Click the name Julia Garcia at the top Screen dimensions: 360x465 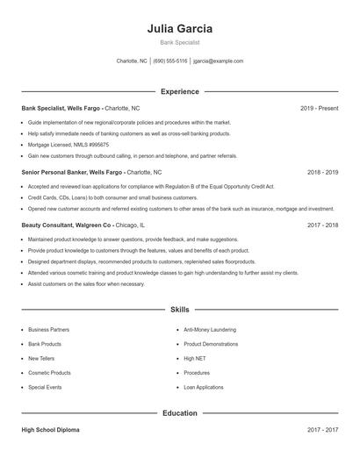point(180,28)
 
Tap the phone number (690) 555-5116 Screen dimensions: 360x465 point(169,61)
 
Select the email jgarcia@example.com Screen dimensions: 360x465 point(219,61)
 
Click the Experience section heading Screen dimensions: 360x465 point(180,91)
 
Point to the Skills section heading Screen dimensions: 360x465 point(180,310)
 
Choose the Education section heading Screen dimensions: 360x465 point(180,412)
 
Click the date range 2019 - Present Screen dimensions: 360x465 point(319,108)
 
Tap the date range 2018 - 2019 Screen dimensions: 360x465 point(322,173)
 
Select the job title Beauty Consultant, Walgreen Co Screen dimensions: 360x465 point(67,225)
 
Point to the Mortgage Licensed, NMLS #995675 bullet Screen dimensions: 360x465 point(68,145)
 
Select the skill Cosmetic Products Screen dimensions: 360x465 point(49,372)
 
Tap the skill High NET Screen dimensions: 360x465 point(194,358)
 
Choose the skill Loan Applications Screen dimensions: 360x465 point(204,387)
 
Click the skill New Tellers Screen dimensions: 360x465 point(41,358)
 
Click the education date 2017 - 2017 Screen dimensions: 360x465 point(322,430)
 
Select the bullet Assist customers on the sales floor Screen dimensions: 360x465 point(86,283)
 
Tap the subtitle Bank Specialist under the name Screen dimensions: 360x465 point(180,42)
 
